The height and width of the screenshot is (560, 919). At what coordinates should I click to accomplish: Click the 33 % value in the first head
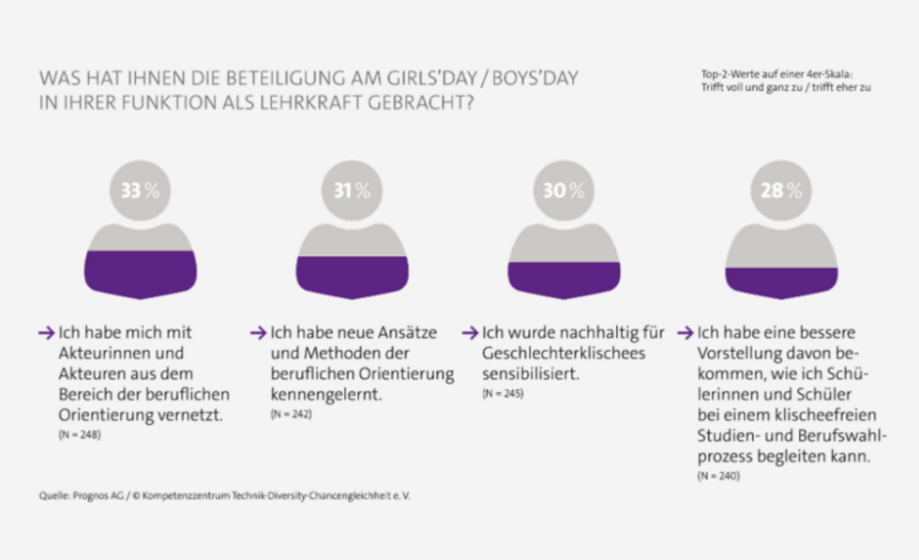pyautogui.click(x=140, y=190)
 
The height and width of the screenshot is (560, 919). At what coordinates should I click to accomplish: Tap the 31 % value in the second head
pyautogui.click(x=352, y=190)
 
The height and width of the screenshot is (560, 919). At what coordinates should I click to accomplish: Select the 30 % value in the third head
pyautogui.click(x=564, y=190)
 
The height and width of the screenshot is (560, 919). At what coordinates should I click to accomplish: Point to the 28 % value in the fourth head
pyautogui.click(x=781, y=190)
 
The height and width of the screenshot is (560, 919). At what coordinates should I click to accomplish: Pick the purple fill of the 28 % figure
pyautogui.click(x=781, y=282)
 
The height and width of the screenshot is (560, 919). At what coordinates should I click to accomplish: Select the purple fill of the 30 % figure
pyautogui.click(x=564, y=280)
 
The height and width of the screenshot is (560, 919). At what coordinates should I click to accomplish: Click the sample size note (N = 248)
pyautogui.click(x=80, y=435)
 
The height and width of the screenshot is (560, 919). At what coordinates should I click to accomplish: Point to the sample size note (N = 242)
pyautogui.click(x=291, y=414)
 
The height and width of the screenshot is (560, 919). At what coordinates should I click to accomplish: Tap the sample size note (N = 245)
pyautogui.click(x=503, y=394)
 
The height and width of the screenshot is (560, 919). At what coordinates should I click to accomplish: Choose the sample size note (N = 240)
pyautogui.click(x=718, y=477)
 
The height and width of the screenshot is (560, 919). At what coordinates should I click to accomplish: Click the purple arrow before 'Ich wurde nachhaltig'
pyautogui.click(x=470, y=333)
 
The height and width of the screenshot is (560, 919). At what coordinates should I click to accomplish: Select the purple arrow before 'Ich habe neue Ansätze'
pyautogui.click(x=258, y=333)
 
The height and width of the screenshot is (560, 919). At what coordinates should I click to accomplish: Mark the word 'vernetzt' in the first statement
pyautogui.click(x=194, y=413)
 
